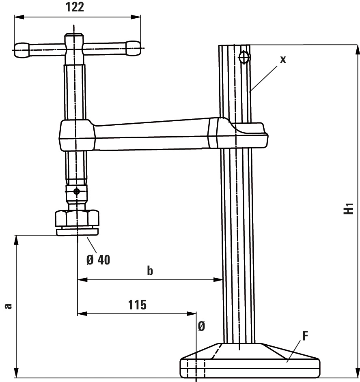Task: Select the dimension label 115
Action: tap(137, 305)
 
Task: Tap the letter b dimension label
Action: tap(150, 271)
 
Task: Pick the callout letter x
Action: tap(283, 59)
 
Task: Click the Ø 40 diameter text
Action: tap(98, 259)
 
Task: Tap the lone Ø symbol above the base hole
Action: tap(201, 327)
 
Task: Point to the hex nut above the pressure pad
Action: tap(77, 218)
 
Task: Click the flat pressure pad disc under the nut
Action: tap(77, 232)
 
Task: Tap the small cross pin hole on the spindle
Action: tap(77, 191)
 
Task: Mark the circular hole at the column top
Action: tap(244, 58)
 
